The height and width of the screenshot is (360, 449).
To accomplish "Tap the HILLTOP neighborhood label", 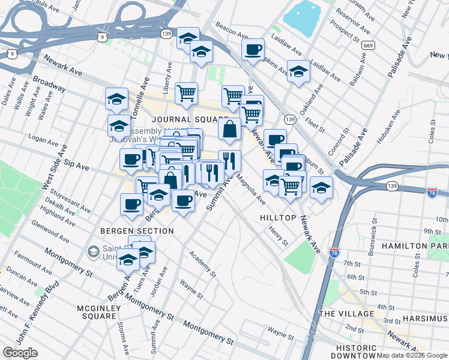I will pyautogui.click(x=278, y=218).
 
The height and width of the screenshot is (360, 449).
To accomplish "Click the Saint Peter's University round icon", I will pyautogui.click(x=94, y=251).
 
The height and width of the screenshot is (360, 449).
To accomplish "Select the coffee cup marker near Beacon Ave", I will pyautogui.click(x=253, y=49).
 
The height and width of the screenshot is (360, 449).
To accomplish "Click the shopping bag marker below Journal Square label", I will pyautogui.click(x=230, y=128).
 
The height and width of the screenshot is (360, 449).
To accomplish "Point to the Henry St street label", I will pyautogui.click(x=279, y=236).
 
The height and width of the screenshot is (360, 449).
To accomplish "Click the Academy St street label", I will pyautogui.click(x=202, y=264).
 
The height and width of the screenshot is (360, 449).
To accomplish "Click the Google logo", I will pyautogui.click(x=20, y=353).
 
